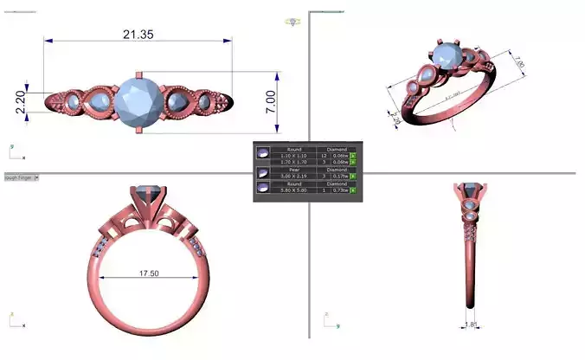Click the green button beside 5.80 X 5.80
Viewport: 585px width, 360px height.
353,190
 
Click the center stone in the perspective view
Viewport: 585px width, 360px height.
444,59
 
